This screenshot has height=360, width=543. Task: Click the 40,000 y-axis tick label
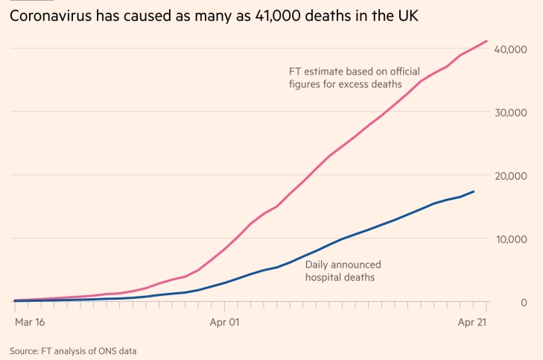click(x=511, y=49)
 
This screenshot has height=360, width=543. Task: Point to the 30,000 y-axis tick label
click(x=511, y=113)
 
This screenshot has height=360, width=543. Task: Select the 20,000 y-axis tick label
click(x=511, y=176)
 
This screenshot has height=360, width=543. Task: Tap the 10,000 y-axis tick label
click(x=511, y=239)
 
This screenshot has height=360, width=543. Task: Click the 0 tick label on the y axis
click(x=524, y=302)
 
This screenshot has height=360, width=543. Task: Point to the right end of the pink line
click(x=487, y=41)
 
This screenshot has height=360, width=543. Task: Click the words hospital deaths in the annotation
click(x=339, y=277)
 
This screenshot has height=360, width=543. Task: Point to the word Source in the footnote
click(x=25, y=350)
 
